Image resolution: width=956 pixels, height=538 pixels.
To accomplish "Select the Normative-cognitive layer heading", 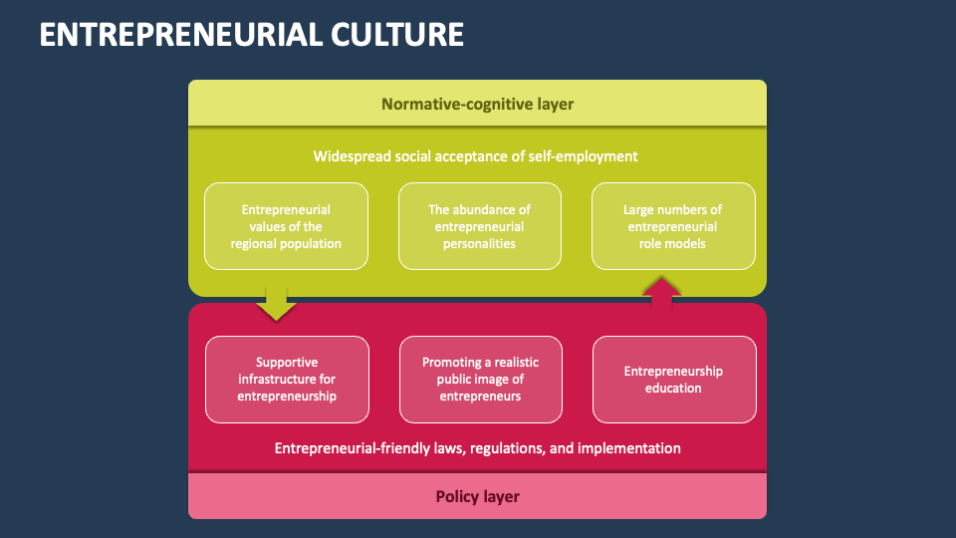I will (477, 104).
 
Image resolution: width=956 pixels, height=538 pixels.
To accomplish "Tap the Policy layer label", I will (477, 496).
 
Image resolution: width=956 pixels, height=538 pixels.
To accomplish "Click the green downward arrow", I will (276, 303).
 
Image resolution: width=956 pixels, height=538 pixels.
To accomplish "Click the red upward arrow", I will (662, 295).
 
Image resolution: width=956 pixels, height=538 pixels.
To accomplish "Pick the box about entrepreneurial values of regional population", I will (286, 226).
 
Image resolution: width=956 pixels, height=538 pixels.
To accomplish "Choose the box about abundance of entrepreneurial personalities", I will (479, 226).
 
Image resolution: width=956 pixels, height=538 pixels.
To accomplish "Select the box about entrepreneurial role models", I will (673, 226).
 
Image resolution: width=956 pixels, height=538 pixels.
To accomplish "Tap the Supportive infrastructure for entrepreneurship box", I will (287, 380).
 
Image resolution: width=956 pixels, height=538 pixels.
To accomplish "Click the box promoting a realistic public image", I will (480, 380).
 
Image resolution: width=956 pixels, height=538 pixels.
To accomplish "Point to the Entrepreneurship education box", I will (673, 380).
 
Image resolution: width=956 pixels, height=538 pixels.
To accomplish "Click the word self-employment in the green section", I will (588, 156).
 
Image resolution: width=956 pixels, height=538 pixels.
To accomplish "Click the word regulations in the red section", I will (507, 448).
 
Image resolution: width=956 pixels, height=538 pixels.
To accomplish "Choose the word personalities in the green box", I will (479, 243).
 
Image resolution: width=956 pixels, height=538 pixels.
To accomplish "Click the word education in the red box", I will (673, 389).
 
